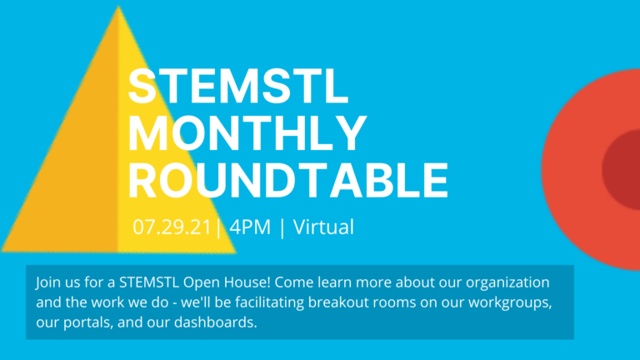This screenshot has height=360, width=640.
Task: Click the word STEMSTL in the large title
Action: (238, 86)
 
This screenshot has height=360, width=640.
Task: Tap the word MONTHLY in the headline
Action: (247, 133)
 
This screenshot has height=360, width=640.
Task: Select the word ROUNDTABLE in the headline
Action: (288, 180)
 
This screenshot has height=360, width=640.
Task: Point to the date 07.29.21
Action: (172, 227)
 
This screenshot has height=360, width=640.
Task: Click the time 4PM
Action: (250, 227)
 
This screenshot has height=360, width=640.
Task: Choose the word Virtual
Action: (323, 227)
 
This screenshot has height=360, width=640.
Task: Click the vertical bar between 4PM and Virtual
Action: (282, 227)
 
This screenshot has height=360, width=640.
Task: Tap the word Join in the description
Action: (47, 282)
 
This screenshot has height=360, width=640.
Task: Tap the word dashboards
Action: (216, 322)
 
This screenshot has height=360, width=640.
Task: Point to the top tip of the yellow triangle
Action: (119, 7)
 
